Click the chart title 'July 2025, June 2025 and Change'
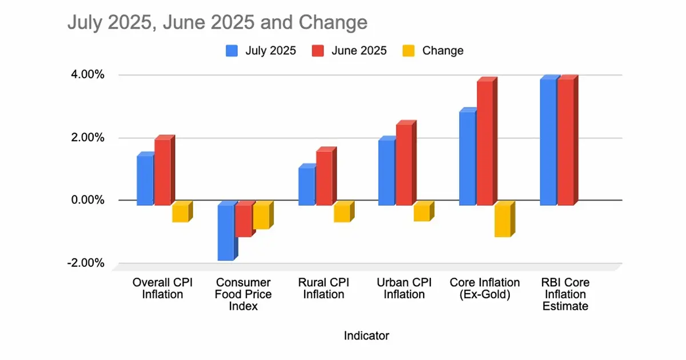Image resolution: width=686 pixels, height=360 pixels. click(x=217, y=23)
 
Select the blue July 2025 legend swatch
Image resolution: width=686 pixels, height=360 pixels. click(x=232, y=51)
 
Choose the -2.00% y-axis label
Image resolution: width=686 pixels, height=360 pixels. click(x=87, y=263)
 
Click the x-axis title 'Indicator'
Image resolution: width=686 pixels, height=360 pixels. click(x=366, y=335)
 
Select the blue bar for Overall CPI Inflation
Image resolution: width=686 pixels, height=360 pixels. click(x=145, y=180)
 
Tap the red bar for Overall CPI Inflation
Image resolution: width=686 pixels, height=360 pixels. click(x=162, y=171)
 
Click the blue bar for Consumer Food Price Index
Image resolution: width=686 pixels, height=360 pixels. click(x=225, y=232)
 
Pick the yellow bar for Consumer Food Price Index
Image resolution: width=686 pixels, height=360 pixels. click(x=261, y=217)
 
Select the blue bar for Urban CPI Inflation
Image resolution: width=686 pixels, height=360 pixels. click(x=386, y=172)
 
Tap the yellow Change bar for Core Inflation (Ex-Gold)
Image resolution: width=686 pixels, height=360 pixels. click(x=502, y=221)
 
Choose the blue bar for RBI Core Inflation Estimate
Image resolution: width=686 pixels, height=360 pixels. click(x=548, y=142)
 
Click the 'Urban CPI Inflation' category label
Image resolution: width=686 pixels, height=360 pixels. click(x=404, y=289)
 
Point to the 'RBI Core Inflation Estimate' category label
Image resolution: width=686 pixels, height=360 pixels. click(x=565, y=294)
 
